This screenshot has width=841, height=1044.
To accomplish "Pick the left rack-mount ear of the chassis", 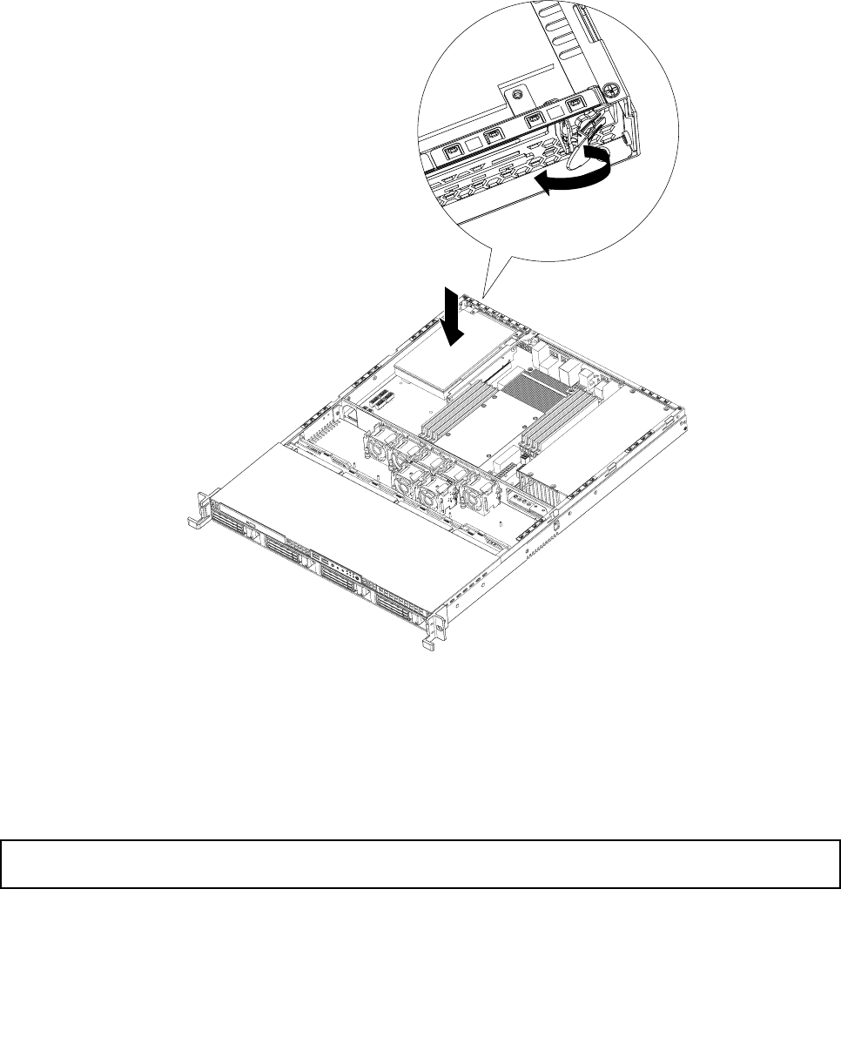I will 198,513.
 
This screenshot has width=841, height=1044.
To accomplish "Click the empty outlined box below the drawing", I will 420,864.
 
